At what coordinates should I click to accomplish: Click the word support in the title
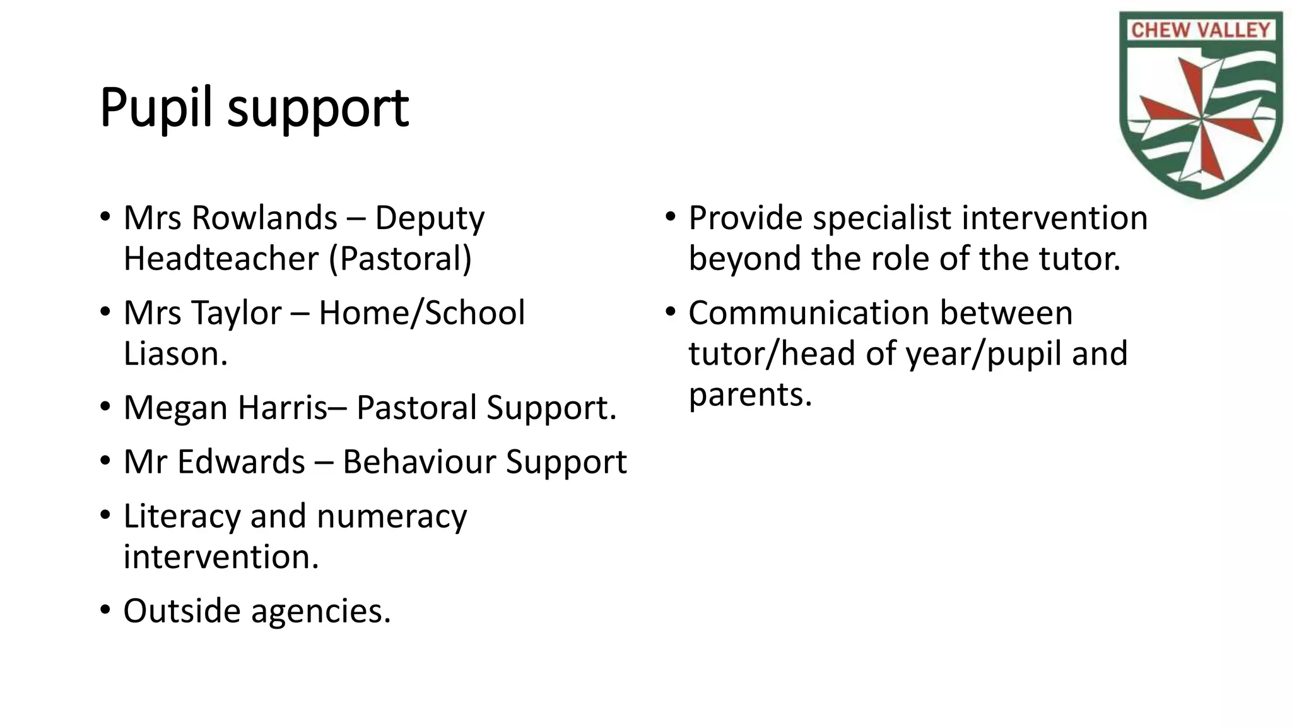click(x=318, y=110)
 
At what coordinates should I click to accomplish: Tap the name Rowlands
click(x=264, y=218)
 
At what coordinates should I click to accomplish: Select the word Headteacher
click(x=221, y=259)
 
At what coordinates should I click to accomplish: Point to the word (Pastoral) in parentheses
click(x=400, y=259)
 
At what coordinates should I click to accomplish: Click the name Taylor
click(x=237, y=313)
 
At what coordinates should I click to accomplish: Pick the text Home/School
click(x=421, y=313)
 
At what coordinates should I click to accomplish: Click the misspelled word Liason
click(x=175, y=353)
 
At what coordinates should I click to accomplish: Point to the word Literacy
click(x=182, y=516)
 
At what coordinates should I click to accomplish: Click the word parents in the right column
click(x=749, y=396)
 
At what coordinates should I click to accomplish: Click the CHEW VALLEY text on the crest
click(x=1200, y=30)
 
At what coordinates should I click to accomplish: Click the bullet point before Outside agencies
click(x=105, y=611)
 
